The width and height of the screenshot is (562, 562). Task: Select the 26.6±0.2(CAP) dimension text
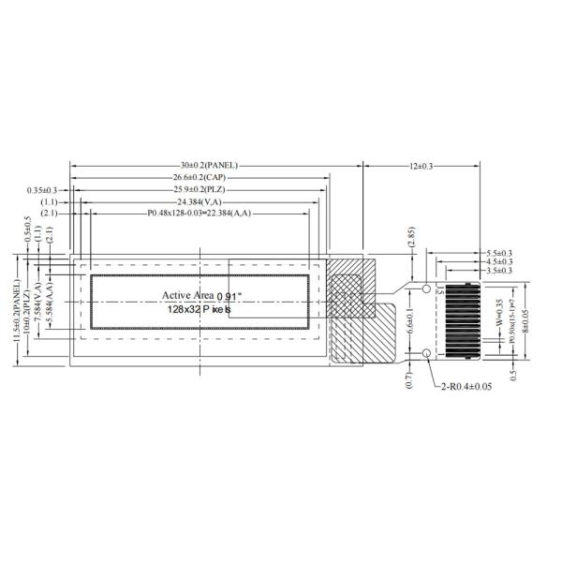click(x=201, y=177)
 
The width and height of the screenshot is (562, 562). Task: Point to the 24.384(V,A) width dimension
click(x=199, y=201)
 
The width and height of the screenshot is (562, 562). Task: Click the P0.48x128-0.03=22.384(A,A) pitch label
click(x=199, y=214)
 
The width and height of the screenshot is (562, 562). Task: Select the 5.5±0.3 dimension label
click(x=499, y=253)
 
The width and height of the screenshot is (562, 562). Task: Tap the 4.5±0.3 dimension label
click(x=499, y=261)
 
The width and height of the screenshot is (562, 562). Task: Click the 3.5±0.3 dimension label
click(x=499, y=270)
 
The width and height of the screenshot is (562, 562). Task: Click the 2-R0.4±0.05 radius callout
click(x=466, y=386)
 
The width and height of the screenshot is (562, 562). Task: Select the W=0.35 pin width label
click(x=499, y=309)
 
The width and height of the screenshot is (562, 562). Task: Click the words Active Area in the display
click(x=187, y=295)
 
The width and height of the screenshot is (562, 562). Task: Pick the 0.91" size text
click(x=229, y=296)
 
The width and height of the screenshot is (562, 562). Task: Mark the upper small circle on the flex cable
click(x=426, y=289)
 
